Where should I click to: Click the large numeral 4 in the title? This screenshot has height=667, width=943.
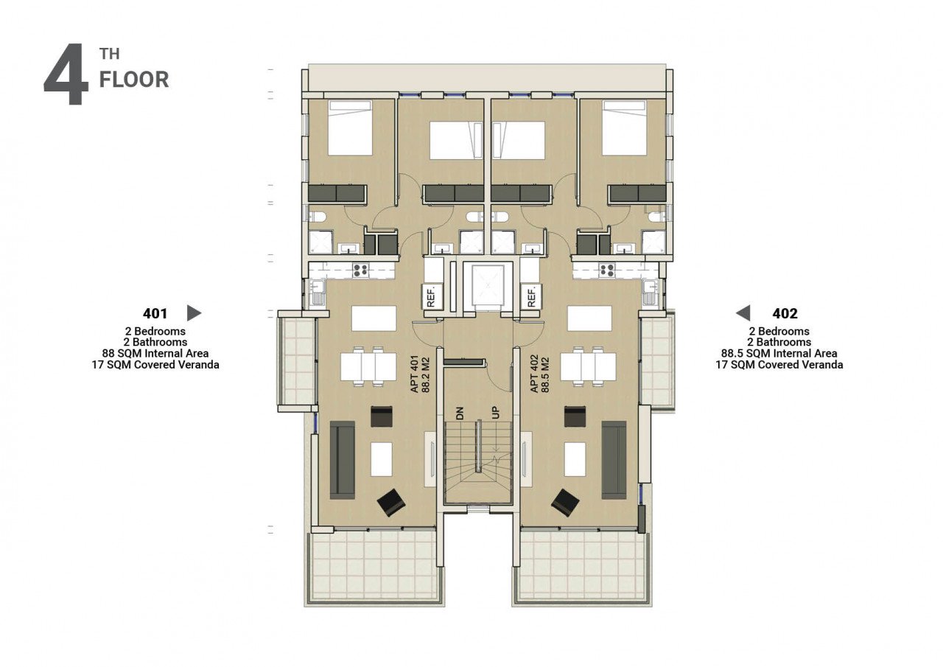[x=66, y=74]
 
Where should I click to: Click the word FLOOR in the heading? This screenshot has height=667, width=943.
[x=134, y=80]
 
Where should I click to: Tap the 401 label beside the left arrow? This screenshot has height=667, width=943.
[x=155, y=313]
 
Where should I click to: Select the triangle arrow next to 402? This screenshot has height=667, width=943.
[x=743, y=313]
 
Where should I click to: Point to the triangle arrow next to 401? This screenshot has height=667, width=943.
[x=194, y=313]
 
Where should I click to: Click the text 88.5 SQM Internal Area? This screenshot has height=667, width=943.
[x=779, y=353]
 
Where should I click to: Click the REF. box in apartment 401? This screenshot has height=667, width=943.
[x=431, y=296]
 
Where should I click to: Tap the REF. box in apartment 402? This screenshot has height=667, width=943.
[x=531, y=296]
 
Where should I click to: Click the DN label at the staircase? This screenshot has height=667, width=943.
[x=460, y=413]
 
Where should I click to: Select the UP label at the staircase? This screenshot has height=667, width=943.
[x=496, y=413]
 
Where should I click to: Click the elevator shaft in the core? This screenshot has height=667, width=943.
[x=488, y=287]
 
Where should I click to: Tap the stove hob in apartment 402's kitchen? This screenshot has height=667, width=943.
[x=608, y=270]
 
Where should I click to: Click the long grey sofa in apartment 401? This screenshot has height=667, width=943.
[x=343, y=460]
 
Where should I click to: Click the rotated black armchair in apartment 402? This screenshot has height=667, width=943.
[x=565, y=503]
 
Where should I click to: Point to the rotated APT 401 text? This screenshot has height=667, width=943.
[x=415, y=374]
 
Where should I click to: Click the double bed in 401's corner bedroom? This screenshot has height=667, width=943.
[x=350, y=128]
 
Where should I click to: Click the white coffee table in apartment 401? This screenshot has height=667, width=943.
[x=382, y=459]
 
